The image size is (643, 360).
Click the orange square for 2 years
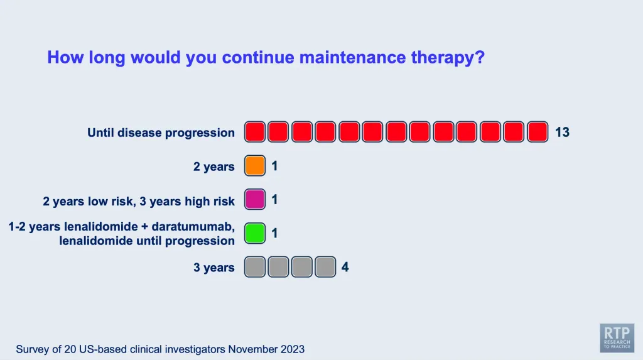coord(255,166)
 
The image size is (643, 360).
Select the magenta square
coord(255,200)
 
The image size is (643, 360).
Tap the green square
coord(255,233)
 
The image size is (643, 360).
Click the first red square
coord(255,132)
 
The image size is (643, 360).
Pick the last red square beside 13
coord(538,132)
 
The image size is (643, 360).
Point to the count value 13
coord(562,132)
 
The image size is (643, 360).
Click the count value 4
coord(345,267)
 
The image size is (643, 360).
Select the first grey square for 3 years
coord(255,267)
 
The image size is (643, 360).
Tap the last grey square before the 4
coord(326,267)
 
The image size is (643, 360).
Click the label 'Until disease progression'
coord(161,133)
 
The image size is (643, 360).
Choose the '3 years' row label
coord(213,268)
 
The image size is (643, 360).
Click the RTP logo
coord(617,338)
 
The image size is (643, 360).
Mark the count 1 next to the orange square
coord(274,166)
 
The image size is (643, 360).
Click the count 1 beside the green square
coord(274,233)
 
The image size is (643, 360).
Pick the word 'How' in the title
coord(65,57)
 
